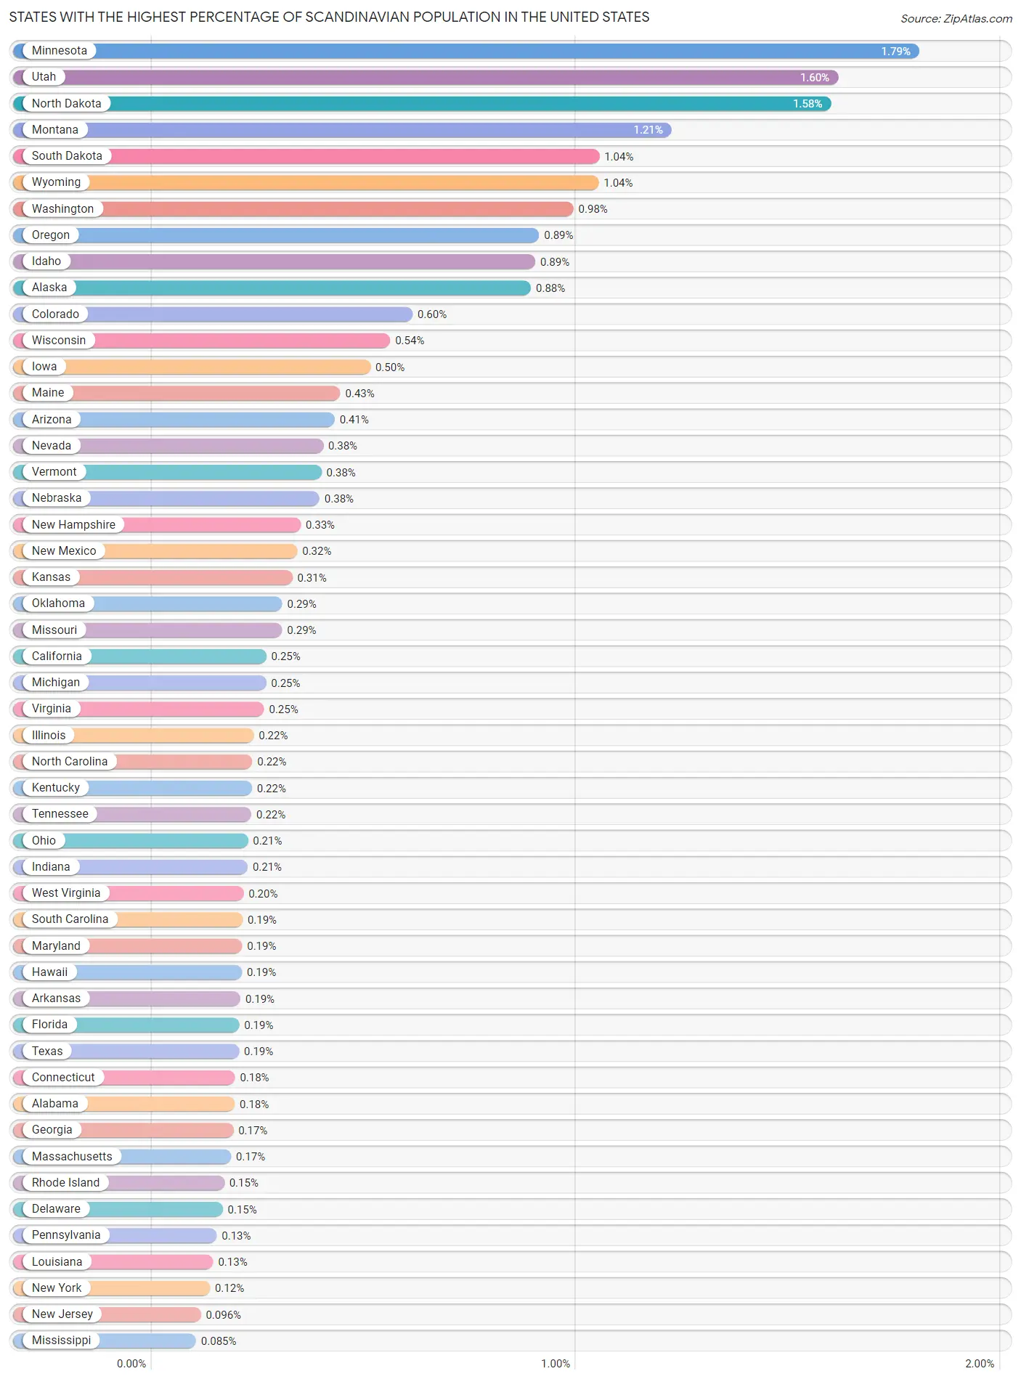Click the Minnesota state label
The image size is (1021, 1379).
(59, 51)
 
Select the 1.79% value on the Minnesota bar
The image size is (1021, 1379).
(895, 52)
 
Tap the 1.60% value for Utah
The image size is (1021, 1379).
(814, 78)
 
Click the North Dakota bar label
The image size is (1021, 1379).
(66, 104)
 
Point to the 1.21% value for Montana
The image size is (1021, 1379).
(648, 130)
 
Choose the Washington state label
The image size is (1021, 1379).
(62, 209)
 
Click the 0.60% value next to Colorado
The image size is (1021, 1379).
(432, 314)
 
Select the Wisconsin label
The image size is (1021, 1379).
(58, 341)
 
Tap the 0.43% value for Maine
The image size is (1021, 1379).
(359, 394)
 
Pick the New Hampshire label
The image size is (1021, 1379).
(73, 525)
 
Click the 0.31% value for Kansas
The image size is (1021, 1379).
(312, 578)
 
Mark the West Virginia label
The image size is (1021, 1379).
(65, 893)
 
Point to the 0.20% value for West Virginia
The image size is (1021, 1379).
(263, 894)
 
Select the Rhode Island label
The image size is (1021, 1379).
(65, 1183)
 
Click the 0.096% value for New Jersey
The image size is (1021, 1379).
(223, 1315)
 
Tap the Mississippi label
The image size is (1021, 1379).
(61, 1341)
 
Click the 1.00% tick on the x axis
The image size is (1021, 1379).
(556, 1364)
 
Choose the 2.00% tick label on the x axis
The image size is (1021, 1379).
(980, 1364)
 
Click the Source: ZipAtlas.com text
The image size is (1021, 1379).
(956, 19)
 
